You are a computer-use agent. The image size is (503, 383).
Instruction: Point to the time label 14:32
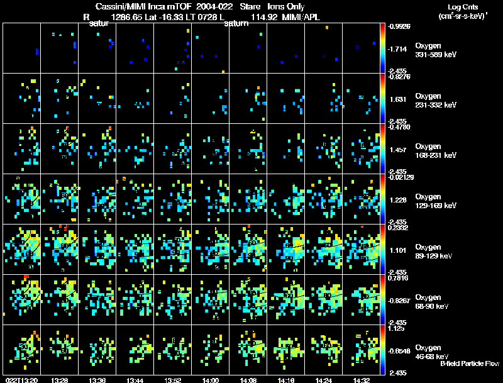click(361, 380)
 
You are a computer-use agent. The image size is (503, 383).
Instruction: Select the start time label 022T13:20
click(20, 380)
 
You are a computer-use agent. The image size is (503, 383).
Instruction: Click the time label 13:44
click(135, 380)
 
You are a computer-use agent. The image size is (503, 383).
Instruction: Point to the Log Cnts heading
click(462, 6)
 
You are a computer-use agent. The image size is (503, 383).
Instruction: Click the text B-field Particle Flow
click(470, 364)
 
